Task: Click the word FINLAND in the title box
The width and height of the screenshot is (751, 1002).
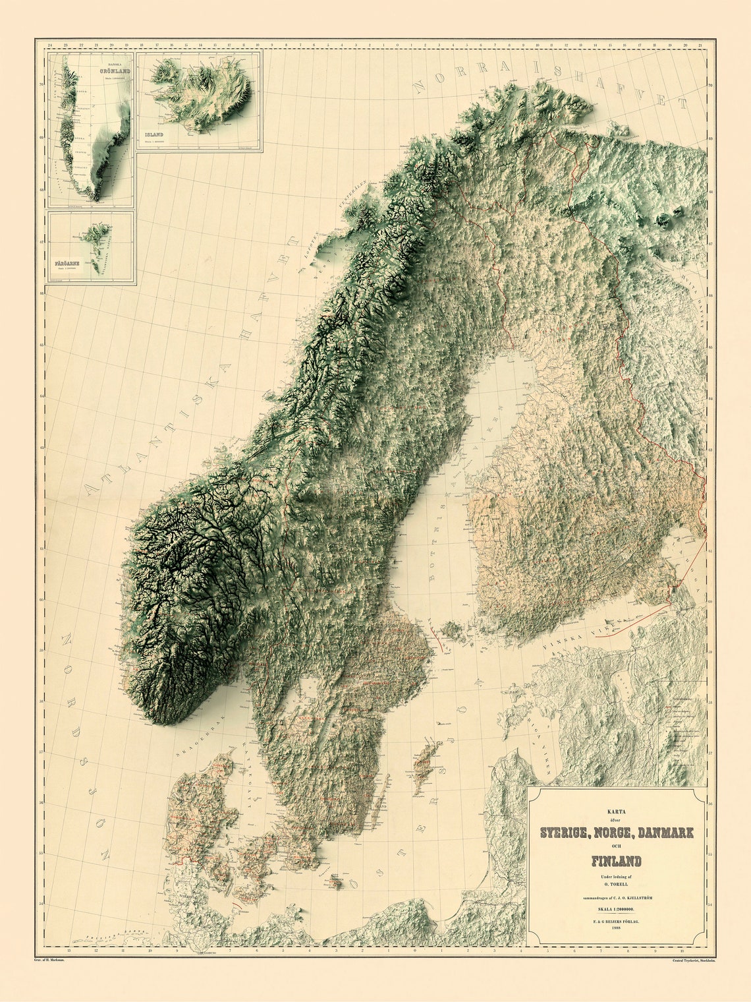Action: coord(616,861)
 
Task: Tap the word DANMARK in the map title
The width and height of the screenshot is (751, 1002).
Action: coord(663,833)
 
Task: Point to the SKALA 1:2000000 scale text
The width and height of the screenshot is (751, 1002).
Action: coord(616,910)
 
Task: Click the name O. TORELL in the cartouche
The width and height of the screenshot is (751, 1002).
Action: coord(616,884)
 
